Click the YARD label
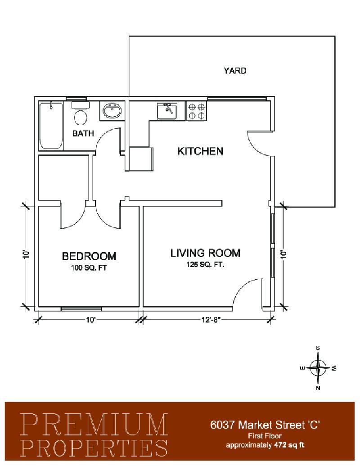click(x=234, y=71)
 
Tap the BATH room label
click(x=83, y=133)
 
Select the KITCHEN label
click(x=200, y=151)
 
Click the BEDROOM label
click(x=89, y=256)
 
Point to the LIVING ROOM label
click(x=205, y=253)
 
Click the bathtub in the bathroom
click(x=51, y=126)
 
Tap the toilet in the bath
click(x=80, y=114)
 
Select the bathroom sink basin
click(x=112, y=111)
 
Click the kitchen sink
click(x=167, y=111)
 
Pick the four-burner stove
click(x=196, y=111)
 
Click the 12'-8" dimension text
click(x=212, y=320)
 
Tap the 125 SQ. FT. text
click(x=205, y=264)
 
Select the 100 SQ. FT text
click(x=89, y=267)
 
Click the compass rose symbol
click(x=318, y=368)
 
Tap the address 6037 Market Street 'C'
click(x=265, y=425)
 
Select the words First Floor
click(x=265, y=436)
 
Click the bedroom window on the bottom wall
click(x=81, y=309)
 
